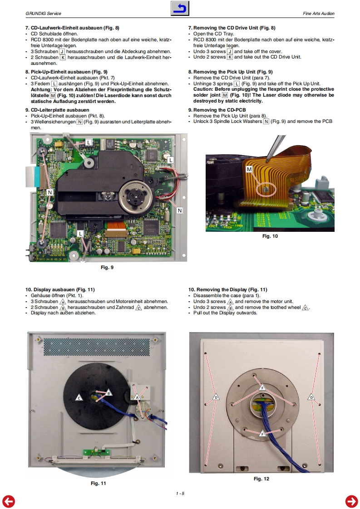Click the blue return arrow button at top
click(180, 8)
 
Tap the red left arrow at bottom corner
click(8, 501)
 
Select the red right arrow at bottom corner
click(351, 501)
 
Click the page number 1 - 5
click(180, 494)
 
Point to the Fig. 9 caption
click(107, 267)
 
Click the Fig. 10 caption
click(270, 236)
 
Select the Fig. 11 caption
click(99, 484)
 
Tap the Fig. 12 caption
click(261, 479)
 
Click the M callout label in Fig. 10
click(249, 169)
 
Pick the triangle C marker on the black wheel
click(79, 397)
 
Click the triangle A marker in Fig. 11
click(137, 396)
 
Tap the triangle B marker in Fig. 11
click(109, 393)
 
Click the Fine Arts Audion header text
click(318, 14)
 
